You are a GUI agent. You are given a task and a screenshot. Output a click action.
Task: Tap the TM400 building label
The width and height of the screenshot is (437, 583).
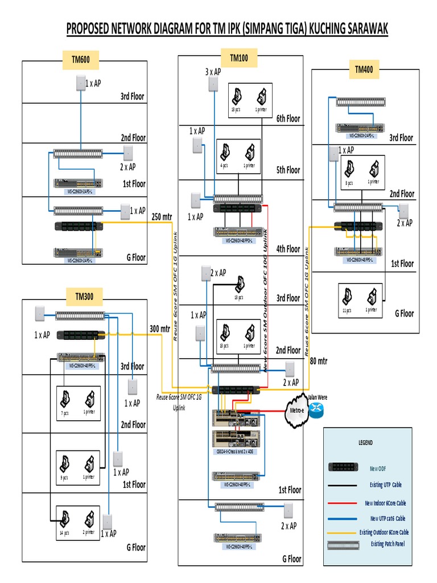point(364,69)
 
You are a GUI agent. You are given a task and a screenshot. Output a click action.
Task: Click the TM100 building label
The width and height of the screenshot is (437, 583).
point(238,57)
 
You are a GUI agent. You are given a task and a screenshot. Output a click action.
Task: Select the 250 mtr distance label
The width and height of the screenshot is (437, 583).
point(161,216)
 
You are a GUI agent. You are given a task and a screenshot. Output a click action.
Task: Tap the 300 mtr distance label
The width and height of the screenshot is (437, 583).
point(160,329)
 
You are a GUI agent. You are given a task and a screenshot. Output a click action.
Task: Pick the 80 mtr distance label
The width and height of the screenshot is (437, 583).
point(319,360)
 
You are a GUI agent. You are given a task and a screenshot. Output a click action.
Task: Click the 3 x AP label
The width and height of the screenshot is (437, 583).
point(213,72)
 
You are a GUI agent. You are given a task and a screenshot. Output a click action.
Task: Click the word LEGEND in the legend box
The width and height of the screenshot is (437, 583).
point(365,442)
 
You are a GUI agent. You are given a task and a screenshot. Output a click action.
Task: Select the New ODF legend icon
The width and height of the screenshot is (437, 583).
point(345,467)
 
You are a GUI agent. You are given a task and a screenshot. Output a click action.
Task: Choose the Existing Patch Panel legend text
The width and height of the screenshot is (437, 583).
point(392,544)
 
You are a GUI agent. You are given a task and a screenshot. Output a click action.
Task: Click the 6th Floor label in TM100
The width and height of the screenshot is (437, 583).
point(288,118)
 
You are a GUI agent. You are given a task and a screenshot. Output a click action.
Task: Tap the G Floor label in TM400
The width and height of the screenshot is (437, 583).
point(404,313)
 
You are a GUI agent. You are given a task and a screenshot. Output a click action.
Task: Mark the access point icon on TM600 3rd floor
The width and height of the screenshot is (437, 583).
point(80,83)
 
